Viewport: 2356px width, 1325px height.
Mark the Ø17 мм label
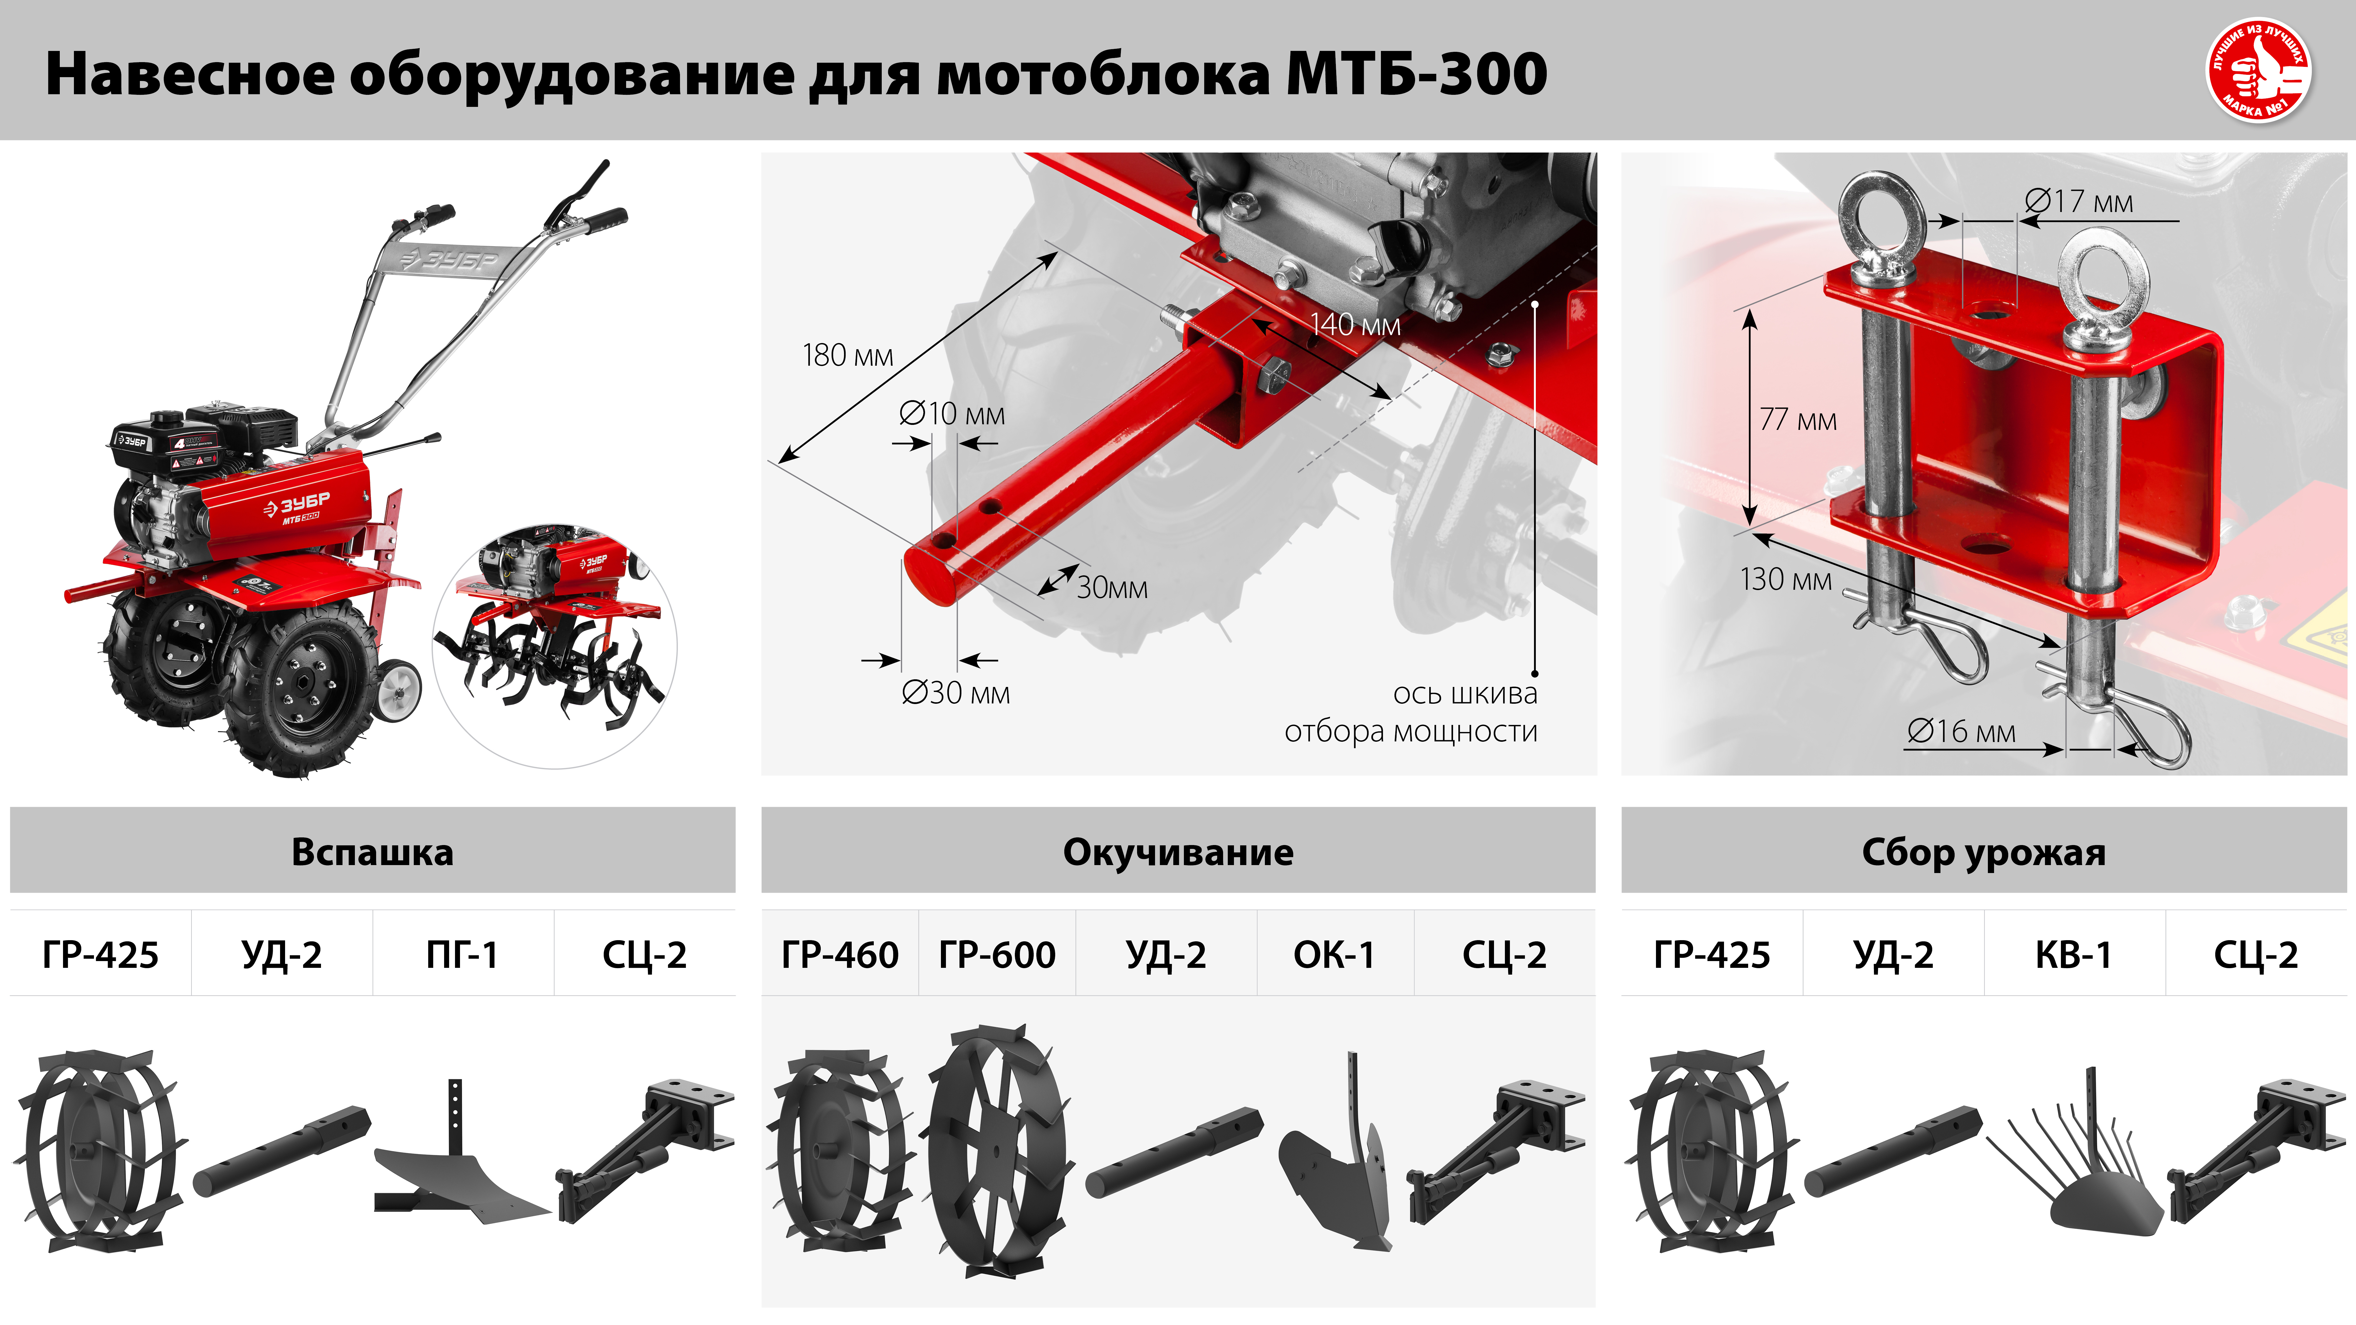coord(2078,201)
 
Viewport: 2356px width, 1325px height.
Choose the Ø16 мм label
coord(1961,731)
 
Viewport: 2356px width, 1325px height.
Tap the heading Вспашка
coord(372,852)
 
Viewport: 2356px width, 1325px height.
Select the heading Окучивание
coord(1178,852)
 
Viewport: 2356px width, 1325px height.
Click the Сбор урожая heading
coord(1984,852)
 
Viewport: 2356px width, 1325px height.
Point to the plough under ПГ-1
coord(457,1170)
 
